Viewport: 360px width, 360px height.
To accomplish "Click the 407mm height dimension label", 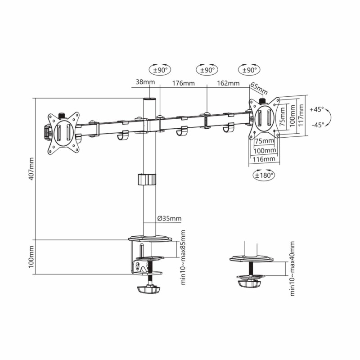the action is click(31, 168).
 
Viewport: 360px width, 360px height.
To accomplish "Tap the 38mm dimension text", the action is click(145, 82).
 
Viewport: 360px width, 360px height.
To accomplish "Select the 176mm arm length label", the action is click(184, 83).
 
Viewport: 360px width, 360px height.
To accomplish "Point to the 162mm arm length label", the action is click(228, 83).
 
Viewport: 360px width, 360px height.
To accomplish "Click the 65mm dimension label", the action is click(259, 88).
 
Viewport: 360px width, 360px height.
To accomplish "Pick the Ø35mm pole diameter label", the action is click(170, 218).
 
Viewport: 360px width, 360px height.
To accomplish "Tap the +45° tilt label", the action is click(317, 109).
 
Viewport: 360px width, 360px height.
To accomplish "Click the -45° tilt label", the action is click(318, 125).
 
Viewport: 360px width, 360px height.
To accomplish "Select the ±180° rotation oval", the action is click(264, 175).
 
